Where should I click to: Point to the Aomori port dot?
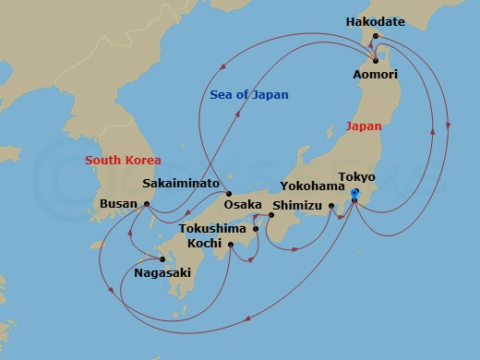tap(376, 60)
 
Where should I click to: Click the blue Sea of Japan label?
tap(249, 95)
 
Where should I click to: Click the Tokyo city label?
tap(357, 176)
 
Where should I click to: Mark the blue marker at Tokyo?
tap(353, 192)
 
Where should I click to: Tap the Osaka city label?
tap(244, 204)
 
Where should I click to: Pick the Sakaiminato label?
tap(180, 183)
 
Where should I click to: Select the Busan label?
tap(116, 204)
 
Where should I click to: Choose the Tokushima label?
tap(212, 227)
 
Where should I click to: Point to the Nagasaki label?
tap(163, 273)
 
